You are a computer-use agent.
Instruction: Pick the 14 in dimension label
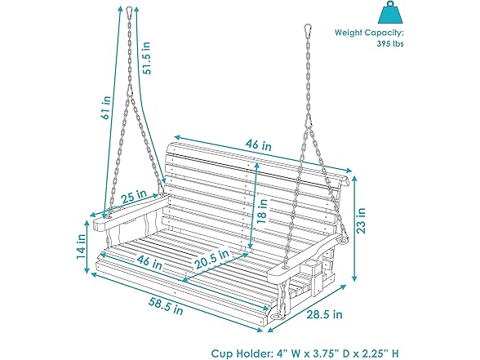pos(81,246)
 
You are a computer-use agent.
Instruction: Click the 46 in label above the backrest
pos(260,144)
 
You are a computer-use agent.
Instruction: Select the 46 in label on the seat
pos(149,264)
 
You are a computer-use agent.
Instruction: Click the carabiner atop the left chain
pos(129,14)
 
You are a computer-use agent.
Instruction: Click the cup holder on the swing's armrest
pos(313,267)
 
